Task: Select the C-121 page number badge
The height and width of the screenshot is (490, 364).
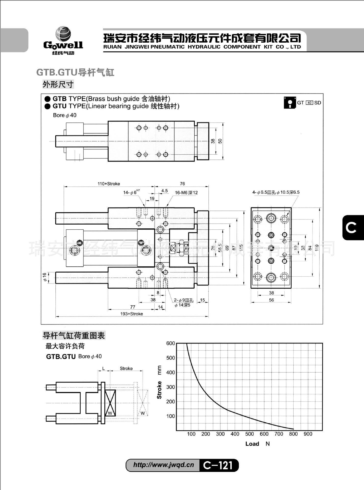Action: pyautogui.click(x=218, y=465)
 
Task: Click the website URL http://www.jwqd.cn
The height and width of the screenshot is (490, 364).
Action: pyautogui.click(x=164, y=465)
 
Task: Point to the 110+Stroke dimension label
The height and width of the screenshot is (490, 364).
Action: pyautogui.click(x=109, y=184)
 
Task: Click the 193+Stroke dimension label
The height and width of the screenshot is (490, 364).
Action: pyautogui.click(x=132, y=314)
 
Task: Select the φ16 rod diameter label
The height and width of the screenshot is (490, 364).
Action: pyautogui.click(x=45, y=277)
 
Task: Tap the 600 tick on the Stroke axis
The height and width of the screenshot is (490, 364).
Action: pyautogui.click(x=170, y=344)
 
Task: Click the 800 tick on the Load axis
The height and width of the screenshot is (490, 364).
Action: pyautogui.click(x=293, y=434)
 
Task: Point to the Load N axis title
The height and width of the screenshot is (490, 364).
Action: pyautogui.click(x=257, y=444)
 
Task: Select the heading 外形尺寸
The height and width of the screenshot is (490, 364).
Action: pyautogui.click(x=58, y=84)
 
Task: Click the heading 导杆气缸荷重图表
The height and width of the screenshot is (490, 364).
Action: pyautogui.click(x=74, y=336)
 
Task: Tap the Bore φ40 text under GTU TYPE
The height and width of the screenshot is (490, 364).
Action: pyautogui.click(x=65, y=115)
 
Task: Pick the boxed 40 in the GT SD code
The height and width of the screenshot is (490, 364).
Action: pyautogui.click(x=309, y=103)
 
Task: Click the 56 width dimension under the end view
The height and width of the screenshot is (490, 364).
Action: pyautogui.click(x=271, y=300)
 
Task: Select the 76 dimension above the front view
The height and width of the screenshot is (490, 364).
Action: pyautogui.click(x=182, y=184)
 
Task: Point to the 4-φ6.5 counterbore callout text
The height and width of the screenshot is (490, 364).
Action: pyautogui.click(x=276, y=192)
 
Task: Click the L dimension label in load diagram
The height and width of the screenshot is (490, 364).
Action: pyautogui.click(x=103, y=369)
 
